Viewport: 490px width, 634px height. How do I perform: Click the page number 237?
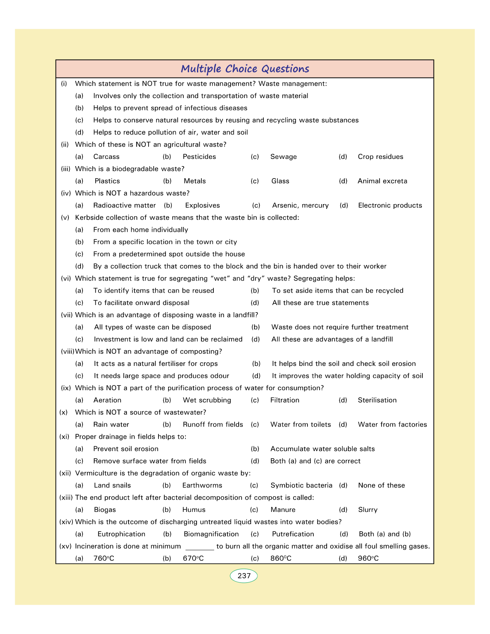tap(244, 576)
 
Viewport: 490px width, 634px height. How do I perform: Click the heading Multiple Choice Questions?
tap(245, 69)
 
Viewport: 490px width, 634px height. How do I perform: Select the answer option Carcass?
tap(106, 157)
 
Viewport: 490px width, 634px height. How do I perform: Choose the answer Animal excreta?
tap(382, 181)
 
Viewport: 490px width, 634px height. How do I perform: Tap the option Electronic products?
tap(390, 206)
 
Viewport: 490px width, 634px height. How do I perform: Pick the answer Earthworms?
tap(202, 486)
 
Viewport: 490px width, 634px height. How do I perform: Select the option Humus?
tap(194, 510)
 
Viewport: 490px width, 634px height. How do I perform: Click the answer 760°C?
tap(104, 558)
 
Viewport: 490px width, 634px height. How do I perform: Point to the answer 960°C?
tap(368, 558)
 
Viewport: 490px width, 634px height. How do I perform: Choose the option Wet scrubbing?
tap(207, 400)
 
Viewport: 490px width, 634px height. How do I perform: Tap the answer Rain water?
tap(111, 425)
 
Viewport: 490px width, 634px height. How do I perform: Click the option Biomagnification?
tap(211, 534)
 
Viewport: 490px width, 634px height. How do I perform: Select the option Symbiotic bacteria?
tap(301, 486)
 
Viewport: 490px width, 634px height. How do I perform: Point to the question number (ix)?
tap(66, 388)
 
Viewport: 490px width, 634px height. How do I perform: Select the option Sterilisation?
tap(377, 400)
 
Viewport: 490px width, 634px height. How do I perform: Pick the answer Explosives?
tap(203, 206)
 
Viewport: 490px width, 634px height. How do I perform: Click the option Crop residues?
tap(380, 157)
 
